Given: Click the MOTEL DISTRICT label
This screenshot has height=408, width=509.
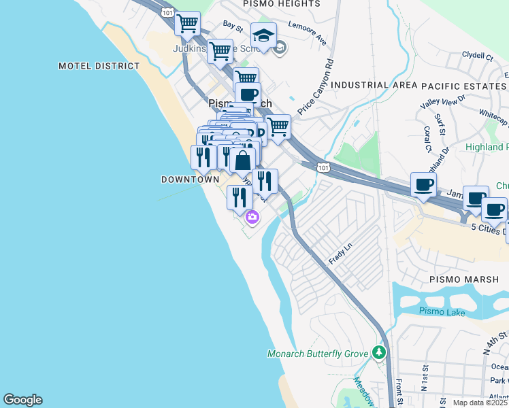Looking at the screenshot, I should click(x=99, y=66).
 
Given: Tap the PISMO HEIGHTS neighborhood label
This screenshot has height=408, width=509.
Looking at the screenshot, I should click(x=282, y=4).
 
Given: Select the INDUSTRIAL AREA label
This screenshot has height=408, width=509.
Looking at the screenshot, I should click(x=374, y=86).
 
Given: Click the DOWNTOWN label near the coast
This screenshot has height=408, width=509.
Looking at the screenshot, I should click(x=190, y=180).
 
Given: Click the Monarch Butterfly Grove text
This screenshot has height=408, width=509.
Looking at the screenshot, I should click(x=318, y=354).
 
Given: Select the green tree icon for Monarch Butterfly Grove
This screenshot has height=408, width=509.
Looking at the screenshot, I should click(x=379, y=353).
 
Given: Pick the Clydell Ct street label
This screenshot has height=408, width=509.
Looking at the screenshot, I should click(x=477, y=54).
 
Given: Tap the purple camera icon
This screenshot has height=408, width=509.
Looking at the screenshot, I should click(x=252, y=218).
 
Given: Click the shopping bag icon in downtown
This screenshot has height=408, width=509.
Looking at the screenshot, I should click(x=242, y=161).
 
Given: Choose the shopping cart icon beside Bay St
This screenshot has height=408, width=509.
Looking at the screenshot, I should click(x=187, y=23).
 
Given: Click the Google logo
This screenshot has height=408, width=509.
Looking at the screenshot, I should click(x=22, y=400).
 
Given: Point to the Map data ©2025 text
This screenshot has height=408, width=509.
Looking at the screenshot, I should click(x=480, y=403).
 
